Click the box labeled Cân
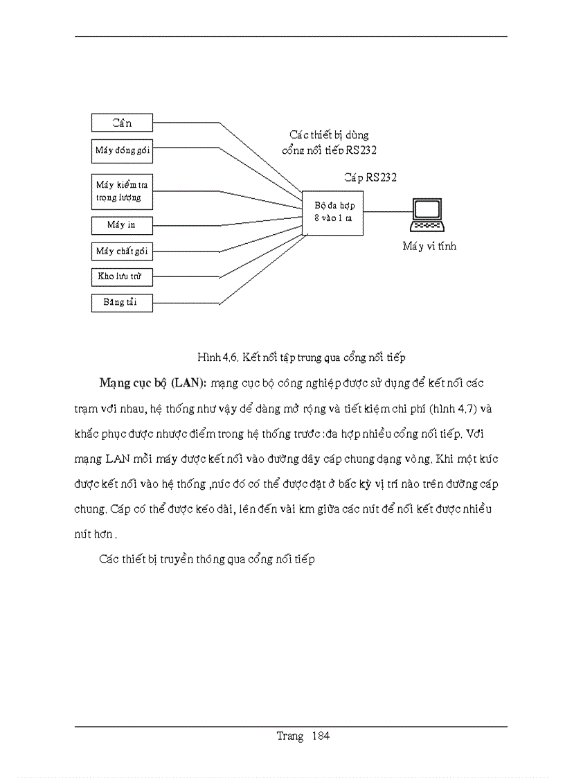point(122,123)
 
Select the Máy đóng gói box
point(122,150)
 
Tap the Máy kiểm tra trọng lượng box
point(122,191)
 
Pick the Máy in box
point(122,225)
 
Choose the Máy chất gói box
point(122,251)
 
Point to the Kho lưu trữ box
point(122,277)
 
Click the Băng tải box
point(122,303)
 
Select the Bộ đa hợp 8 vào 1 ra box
point(333,211)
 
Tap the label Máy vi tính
point(429,246)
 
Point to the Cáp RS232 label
point(370,178)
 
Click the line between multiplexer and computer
point(386,211)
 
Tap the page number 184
point(321,736)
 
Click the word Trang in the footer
point(290,736)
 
